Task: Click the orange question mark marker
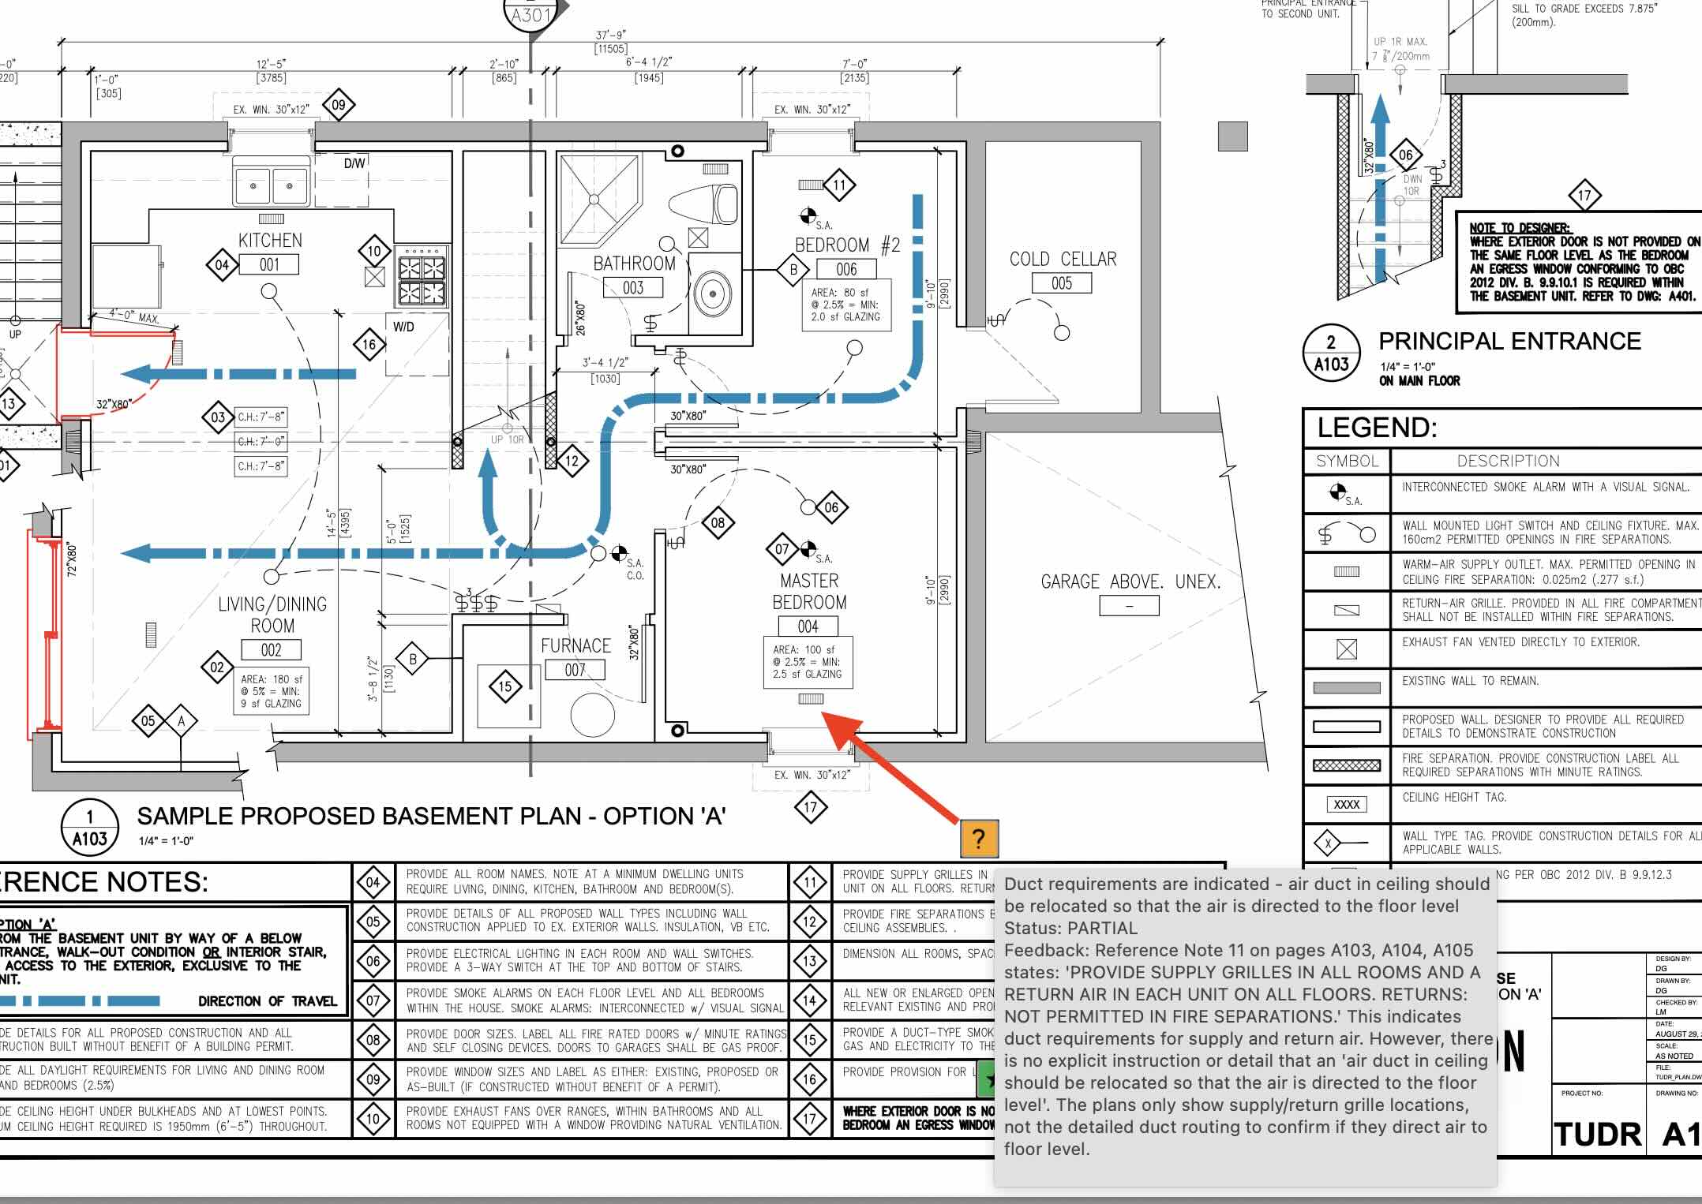click(979, 839)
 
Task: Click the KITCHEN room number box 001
click(269, 265)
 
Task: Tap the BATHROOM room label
click(634, 264)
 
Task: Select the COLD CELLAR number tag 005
click(1062, 283)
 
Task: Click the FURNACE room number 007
click(575, 670)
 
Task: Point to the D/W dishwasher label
click(354, 163)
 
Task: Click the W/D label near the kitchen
click(403, 327)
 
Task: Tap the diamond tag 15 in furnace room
click(505, 686)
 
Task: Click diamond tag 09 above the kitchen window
click(339, 105)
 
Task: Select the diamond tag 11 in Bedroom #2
click(839, 186)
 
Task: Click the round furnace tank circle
click(592, 715)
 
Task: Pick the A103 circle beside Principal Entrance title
click(1331, 353)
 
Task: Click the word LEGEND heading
click(1377, 428)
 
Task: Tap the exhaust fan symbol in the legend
click(1346, 649)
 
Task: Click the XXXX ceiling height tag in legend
click(1346, 805)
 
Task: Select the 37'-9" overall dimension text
click(611, 35)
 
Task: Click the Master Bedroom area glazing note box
click(808, 662)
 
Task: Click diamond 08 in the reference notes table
click(373, 1040)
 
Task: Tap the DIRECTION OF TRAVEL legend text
click(267, 1001)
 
